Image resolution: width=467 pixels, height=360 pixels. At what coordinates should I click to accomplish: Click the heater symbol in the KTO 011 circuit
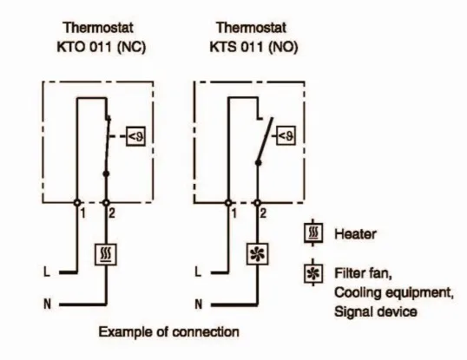106,254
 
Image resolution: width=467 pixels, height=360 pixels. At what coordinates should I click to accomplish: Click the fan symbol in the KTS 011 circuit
257,254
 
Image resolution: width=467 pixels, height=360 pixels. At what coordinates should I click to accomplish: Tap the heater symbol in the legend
313,233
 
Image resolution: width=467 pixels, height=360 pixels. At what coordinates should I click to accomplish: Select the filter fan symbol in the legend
313,273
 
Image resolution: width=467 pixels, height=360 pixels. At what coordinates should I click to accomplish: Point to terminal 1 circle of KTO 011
77,203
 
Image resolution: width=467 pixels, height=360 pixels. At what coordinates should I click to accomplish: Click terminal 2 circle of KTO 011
106,203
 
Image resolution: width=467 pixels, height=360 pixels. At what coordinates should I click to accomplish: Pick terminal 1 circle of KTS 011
228,203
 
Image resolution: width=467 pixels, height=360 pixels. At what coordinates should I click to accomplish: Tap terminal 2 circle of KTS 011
257,203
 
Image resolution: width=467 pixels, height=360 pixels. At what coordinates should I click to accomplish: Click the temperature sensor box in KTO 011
135,136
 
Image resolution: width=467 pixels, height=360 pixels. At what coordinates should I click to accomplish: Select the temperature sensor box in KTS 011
286,135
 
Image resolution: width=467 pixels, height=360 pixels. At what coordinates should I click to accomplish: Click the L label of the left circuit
47,272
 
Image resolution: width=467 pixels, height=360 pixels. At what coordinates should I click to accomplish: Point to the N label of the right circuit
199,304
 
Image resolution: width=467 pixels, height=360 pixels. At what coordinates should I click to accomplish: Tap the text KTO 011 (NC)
102,47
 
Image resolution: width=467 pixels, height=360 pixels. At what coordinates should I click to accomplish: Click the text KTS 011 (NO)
253,47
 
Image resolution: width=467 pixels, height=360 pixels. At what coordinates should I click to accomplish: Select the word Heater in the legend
355,234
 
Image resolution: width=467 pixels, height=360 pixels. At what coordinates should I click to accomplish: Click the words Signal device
376,311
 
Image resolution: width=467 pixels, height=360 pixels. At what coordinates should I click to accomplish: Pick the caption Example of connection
169,332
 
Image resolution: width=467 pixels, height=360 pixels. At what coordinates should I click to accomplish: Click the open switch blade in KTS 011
266,140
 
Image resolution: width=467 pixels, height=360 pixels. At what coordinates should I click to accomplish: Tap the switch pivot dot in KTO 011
106,173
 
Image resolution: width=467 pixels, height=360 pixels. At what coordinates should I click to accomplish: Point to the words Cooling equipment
394,293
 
